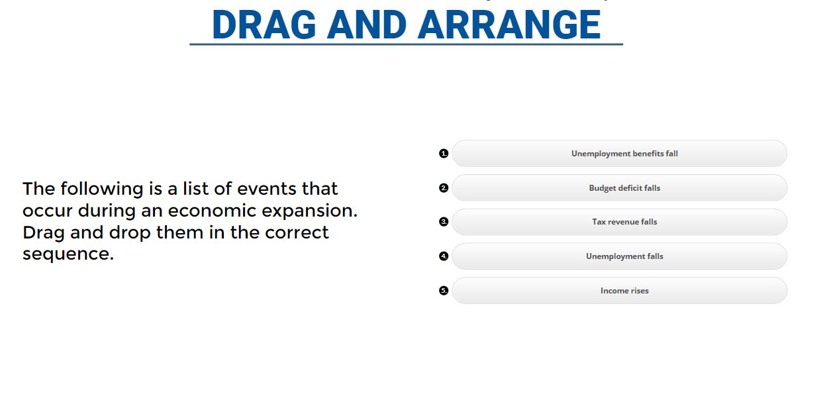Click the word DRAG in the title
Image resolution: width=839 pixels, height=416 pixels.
click(264, 25)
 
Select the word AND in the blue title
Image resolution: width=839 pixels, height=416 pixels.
click(367, 25)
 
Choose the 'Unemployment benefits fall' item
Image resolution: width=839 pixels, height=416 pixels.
click(624, 154)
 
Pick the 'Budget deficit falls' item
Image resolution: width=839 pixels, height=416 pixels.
click(624, 188)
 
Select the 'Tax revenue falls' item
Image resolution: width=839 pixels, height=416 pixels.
click(624, 222)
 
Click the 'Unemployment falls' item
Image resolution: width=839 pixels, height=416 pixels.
click(624, 256)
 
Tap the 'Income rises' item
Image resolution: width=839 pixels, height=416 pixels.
click(624, 291)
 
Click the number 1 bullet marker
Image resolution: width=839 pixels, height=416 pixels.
click(444, 154)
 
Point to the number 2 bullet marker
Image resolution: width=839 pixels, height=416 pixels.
click(444, 188)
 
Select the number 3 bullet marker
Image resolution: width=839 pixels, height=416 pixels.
click(444, 222)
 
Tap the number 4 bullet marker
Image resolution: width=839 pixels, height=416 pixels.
click(444, 256)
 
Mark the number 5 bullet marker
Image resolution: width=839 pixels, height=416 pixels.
click(444, 291)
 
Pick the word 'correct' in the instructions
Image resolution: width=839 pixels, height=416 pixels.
click(297, 233)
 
